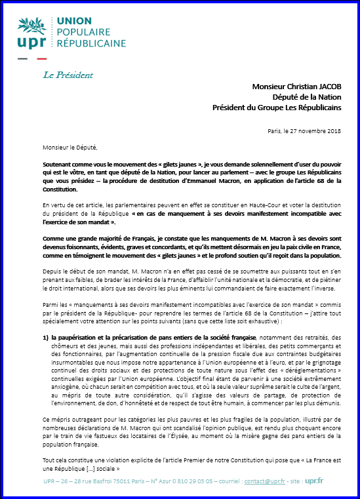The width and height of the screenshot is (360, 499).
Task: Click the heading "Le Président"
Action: click(68, 74)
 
